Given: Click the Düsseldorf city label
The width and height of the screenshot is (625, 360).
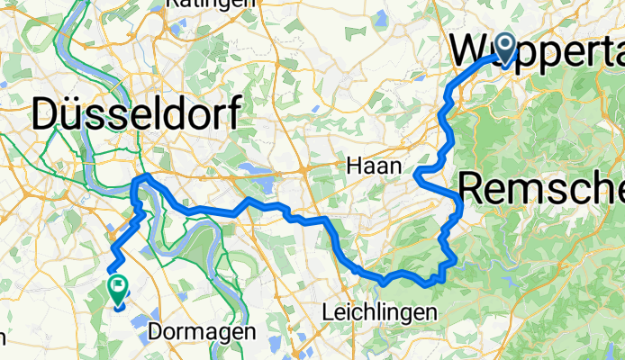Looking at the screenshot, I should [x=136, y=114].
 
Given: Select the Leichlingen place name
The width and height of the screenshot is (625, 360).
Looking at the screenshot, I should [x=379, y=312].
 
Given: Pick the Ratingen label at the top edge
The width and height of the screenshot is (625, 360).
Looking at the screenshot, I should [x=210, y=4].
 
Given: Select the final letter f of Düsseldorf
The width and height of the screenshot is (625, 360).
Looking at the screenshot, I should [x=233, y=114].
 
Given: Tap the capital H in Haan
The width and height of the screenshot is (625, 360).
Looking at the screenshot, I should [x=353, y=166].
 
